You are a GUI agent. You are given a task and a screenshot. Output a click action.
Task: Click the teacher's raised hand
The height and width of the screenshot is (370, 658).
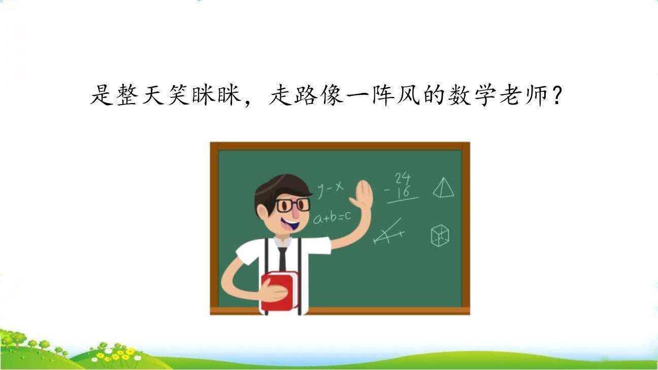coord(364,195)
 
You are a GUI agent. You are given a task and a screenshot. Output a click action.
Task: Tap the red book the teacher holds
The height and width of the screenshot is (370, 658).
coord(279,290)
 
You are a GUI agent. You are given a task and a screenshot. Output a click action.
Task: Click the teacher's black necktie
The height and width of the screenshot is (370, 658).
coord(282,258)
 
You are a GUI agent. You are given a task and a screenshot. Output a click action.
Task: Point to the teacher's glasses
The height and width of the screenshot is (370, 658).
coord(292,205)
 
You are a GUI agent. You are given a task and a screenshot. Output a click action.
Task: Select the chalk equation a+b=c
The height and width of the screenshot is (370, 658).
coord(332,218)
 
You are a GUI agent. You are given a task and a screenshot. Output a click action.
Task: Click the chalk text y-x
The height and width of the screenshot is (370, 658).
coord(330,189)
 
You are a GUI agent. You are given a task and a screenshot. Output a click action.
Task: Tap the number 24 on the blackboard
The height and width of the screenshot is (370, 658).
coord(403,178)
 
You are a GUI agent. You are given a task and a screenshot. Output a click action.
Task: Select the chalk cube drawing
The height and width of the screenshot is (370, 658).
coord(440,236)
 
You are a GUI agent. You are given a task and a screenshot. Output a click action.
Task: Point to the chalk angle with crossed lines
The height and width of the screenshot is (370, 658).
coord(389,232)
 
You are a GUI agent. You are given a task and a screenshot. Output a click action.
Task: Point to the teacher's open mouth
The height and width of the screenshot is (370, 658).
coord(292,222)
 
